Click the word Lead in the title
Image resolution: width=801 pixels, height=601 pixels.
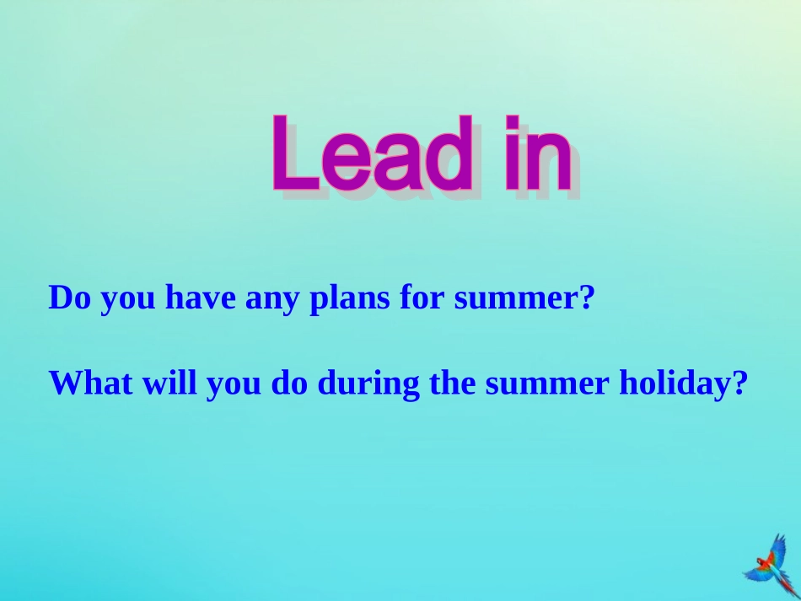371,156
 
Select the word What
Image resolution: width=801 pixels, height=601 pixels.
89,384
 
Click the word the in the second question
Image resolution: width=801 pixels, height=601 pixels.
454,384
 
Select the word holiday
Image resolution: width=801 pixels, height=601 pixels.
670,384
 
